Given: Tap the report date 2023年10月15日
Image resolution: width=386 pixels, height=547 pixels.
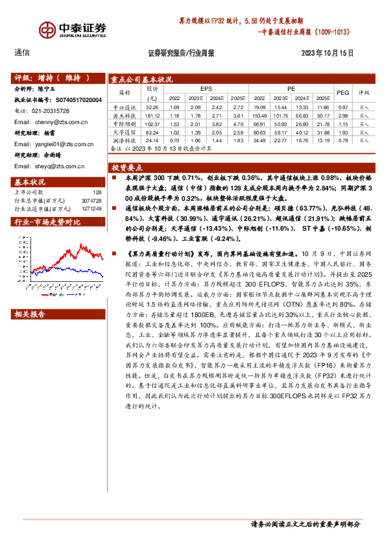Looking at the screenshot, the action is coord(328,53).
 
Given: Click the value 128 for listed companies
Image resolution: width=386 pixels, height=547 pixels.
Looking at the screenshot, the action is coord(97,192).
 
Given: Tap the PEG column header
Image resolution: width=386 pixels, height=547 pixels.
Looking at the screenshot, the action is coord(343,93).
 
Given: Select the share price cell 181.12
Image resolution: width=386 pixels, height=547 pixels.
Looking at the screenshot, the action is coord(152,114).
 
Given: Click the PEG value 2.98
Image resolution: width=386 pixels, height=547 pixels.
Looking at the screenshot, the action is coord(343,114).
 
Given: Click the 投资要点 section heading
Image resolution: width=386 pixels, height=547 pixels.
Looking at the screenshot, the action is coord(126,167).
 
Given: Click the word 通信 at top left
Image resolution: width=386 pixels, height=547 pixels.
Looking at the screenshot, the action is coord(22,53).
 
